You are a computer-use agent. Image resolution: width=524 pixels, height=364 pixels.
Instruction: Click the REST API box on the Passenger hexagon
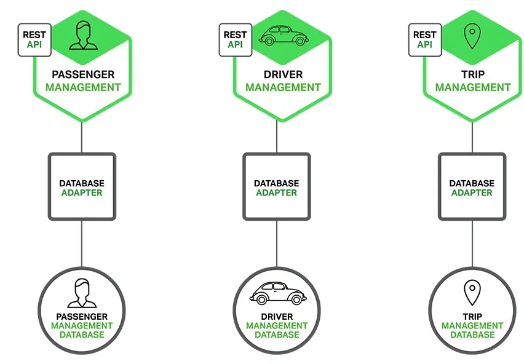coord(34,40)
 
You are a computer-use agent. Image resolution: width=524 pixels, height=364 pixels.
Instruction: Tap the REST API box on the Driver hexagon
coord(235,40)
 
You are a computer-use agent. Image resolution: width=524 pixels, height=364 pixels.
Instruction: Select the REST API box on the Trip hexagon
coord(424,40)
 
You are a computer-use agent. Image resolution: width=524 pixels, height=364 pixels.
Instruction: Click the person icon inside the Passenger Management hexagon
coord(83,35)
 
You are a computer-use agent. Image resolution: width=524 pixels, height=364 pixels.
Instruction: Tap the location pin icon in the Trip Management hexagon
coord(472,36)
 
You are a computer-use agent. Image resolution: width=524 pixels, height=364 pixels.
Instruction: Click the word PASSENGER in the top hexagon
coord(83,75)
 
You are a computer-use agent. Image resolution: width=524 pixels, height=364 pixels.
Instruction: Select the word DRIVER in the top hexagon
coord(283,75)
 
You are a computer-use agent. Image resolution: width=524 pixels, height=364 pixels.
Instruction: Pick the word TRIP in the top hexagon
coord(472,75)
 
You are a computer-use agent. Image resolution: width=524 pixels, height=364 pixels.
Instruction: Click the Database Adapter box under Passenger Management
coord(82,187)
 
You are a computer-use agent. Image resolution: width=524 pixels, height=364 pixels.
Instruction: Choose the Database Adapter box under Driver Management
coord(276,187)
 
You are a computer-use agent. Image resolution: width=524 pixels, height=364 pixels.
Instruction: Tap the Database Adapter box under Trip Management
coord(472,187)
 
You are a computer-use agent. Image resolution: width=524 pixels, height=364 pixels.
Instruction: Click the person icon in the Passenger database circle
coord(82,293)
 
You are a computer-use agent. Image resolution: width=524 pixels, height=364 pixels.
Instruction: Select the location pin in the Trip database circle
coord(472,293)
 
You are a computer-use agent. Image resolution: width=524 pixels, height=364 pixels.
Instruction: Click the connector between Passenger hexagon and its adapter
coord(82,136)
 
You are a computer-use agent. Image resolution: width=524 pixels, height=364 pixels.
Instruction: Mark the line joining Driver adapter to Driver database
coord(276,243)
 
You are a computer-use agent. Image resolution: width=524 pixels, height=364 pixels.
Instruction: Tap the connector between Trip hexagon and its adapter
coord(472,136)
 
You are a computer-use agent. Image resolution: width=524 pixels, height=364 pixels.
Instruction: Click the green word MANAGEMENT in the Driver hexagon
coord(283,87)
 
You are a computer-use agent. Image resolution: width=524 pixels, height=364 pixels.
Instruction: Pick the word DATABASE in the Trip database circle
coord(472,335)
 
